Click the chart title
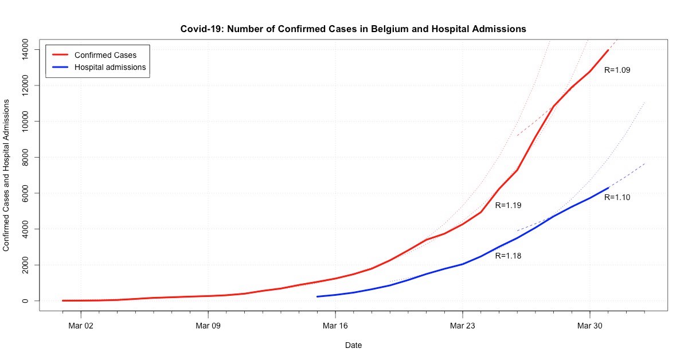353,28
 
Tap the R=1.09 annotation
617,70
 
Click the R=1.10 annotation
617,197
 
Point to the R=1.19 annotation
508,205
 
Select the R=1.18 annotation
508,256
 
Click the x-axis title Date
353,345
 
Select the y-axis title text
7,175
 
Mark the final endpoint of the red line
608,50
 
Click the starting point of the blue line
317,296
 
